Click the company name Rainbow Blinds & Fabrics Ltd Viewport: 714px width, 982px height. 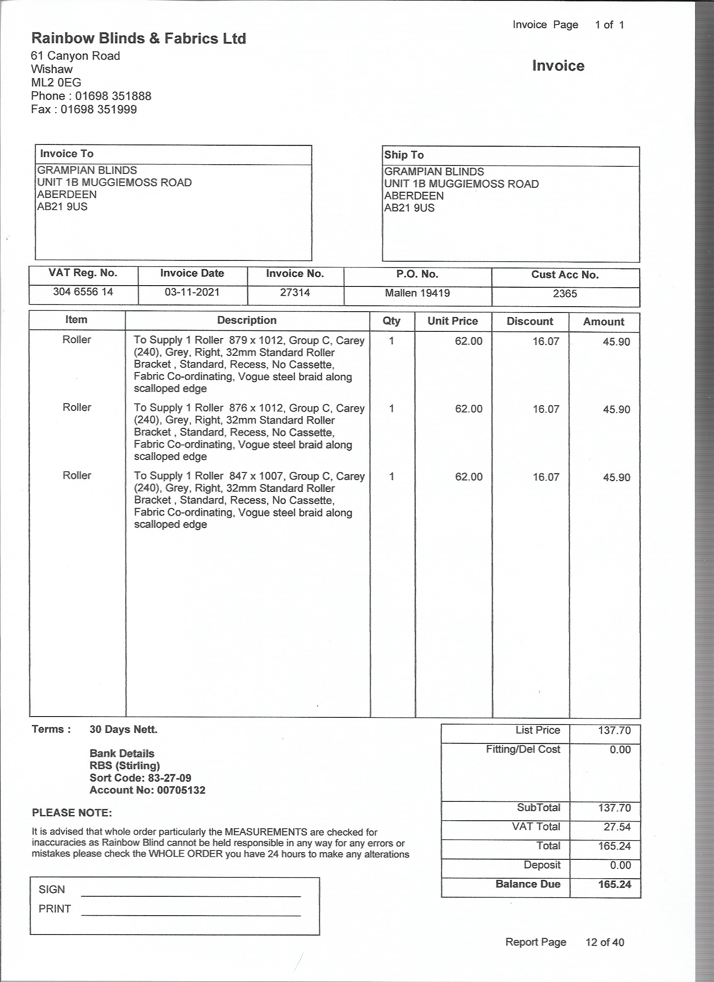click(139, 39)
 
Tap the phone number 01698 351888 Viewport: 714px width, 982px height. click(113, 96)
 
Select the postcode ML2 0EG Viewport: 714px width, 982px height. click(56, 82)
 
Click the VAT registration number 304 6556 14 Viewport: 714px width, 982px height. click(83, 292)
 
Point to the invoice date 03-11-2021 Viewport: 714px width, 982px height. click(192, 292)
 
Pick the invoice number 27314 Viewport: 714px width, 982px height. click(295, 293)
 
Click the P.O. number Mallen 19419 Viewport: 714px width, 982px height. click(417, 293)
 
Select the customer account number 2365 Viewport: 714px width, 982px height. click(564, 294)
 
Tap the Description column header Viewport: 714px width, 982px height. click(247, 320)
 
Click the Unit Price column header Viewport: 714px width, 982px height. click(452, 321)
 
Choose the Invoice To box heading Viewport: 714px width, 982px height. click(67, 154)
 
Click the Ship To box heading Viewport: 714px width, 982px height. click(404, 155)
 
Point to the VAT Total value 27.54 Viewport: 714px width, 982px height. click(617, 827)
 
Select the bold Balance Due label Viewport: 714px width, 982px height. click(528, 884)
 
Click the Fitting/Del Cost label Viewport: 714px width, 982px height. click(522, 749)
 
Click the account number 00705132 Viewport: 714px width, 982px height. click(181, 790)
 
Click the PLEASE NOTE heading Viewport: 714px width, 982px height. click(72, 813)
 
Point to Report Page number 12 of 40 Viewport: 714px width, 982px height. click(604, 942)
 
